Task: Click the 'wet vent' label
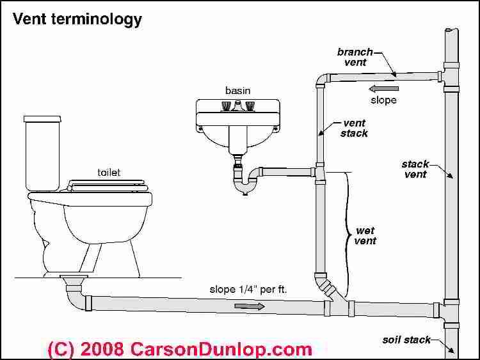tap(365, 235)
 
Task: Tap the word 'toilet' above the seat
tap(109, 172)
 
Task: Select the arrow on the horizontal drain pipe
tap(249, 306)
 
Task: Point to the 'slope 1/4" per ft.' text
tap(248, 289)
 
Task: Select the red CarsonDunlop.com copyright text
tap(180, 348)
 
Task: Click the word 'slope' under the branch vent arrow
tap(384, 100)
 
